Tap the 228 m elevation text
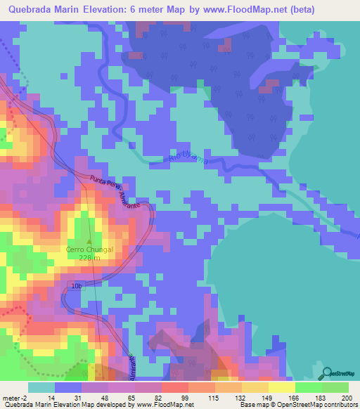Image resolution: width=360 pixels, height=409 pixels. click(x=88, y=257)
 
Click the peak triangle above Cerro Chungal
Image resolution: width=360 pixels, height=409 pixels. click(x=88, y=240)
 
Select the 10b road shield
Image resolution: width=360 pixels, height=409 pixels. click(x=77, y=286)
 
